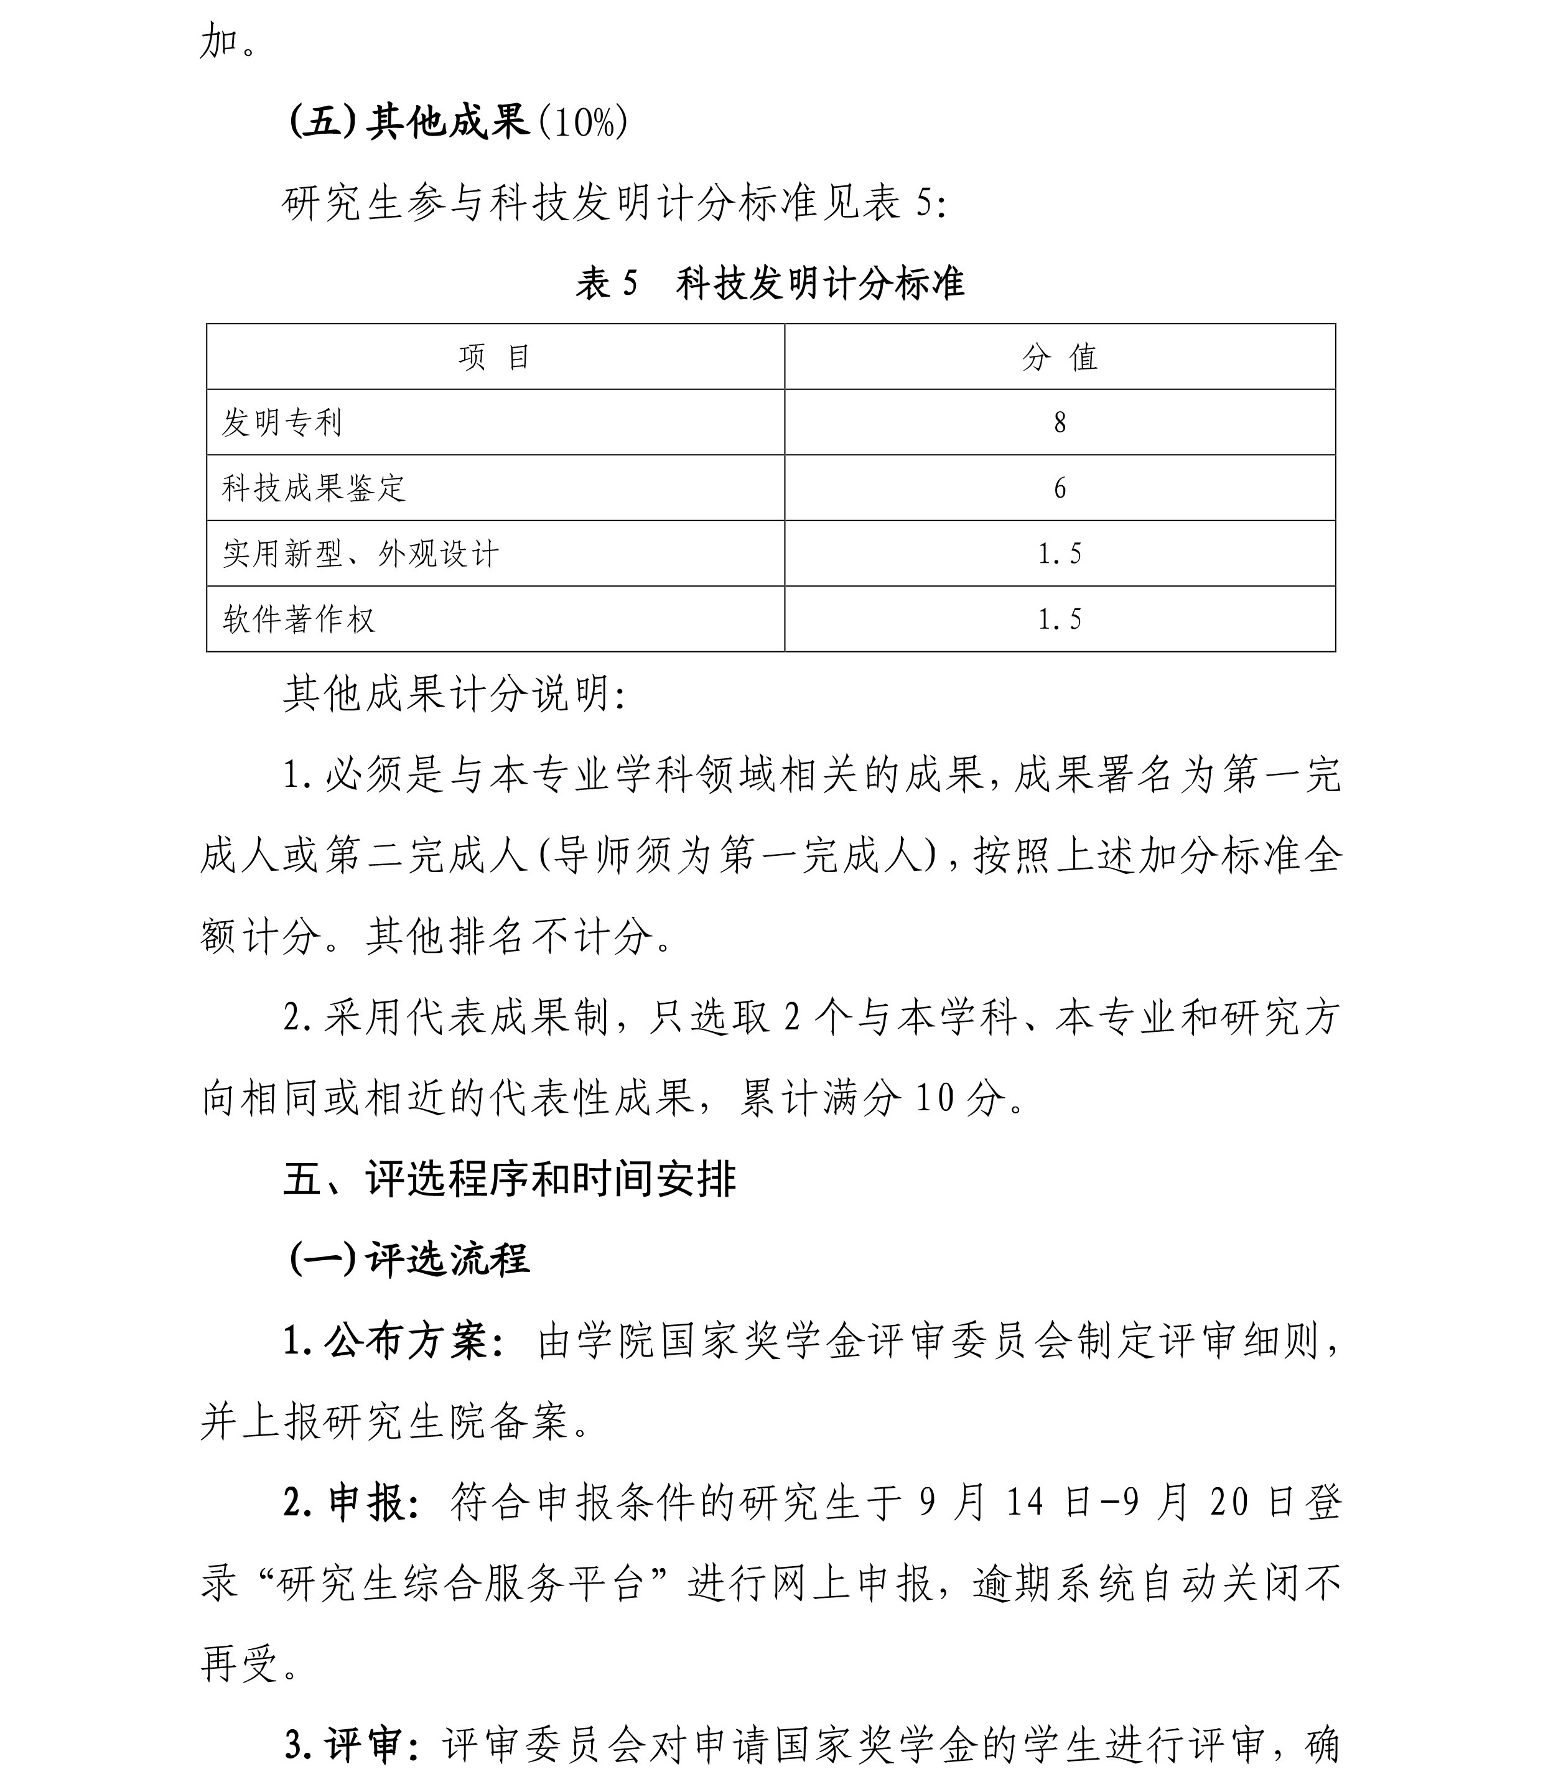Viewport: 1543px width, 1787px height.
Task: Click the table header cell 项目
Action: (x=494, y=356)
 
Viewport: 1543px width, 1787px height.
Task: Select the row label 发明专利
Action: (x=282, y=422)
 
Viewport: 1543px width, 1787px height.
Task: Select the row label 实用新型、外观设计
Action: (x=360, y=554)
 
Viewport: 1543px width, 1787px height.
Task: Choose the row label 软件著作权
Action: (x=299, y=620)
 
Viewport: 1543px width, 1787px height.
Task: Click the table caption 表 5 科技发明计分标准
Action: (x=770, y=284)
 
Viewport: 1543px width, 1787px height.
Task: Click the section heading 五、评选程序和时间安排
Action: (x=510, y=1180)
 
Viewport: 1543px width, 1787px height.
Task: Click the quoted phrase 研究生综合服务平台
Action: (x=462, y=1584)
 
